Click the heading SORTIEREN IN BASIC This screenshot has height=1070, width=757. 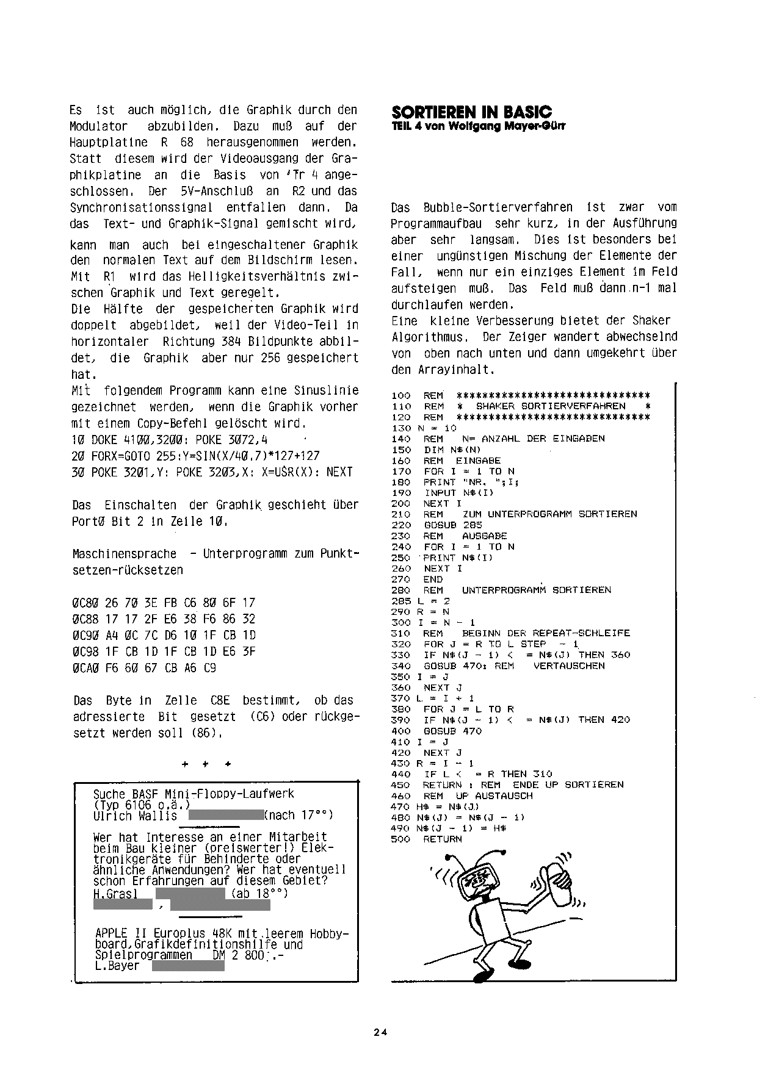click(471, 112)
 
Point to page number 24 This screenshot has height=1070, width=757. click(381, 1032)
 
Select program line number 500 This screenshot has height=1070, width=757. click(400, 839)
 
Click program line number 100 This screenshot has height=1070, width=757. click(400, 395)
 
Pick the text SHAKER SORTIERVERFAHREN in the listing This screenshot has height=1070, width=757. click(550, 406)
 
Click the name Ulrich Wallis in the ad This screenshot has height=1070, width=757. click(135, 816)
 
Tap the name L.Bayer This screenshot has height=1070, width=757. click(117, 966)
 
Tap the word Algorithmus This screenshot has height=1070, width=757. click(429, 337)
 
